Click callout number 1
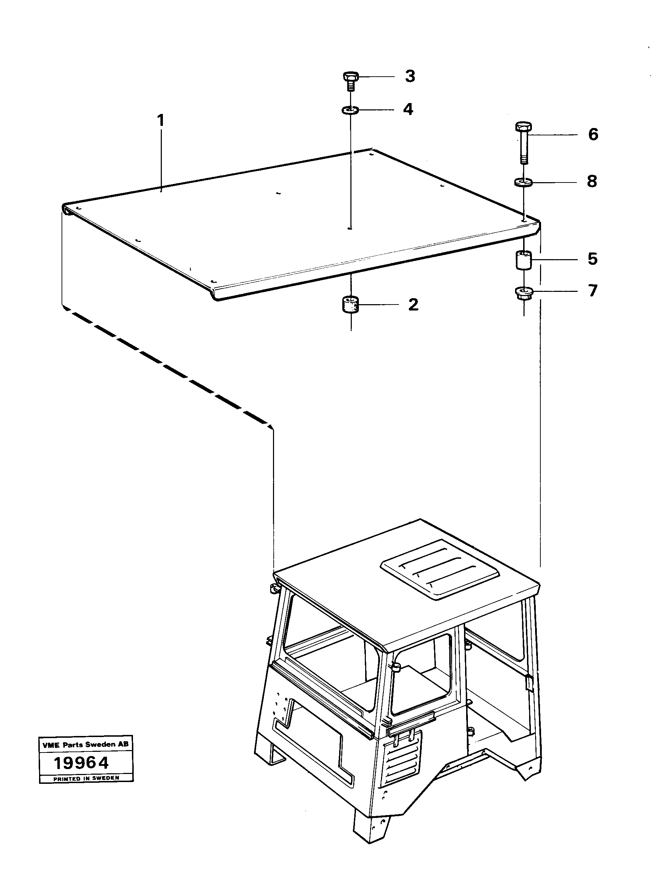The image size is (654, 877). click(x=160, y=120)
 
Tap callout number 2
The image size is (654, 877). click(x=413, y=305)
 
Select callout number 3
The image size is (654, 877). click(x=410, y=76)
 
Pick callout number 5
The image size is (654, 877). click(x=592, y=259)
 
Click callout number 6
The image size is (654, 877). click(x=593, y=135)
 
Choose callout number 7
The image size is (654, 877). click(x=592, y=291)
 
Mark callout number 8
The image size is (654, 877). click(x=592, y=182)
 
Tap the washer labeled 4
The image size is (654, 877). click(x=350, y=110)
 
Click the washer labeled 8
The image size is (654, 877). click(x=524, y=183)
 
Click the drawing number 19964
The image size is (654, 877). click(x=81, y=763)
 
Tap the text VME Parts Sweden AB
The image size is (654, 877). click(x=85, y=744)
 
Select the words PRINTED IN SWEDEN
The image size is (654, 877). click(x=86, y=778)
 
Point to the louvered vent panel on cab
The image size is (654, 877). click(x=401, y=762)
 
